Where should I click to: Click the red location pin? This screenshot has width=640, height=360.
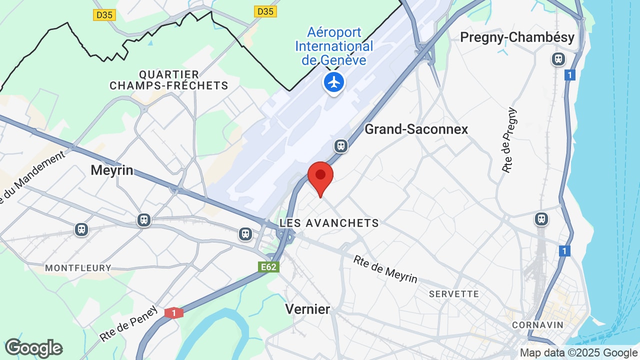[x=320, y=176]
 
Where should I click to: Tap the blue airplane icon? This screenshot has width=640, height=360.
[x=334, y=81]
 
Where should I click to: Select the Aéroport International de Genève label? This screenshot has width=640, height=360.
[x=334, y=46]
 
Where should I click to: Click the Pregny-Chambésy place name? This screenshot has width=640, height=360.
[x=517, y=37]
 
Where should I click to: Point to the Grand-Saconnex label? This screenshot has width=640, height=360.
[x=416, y=129]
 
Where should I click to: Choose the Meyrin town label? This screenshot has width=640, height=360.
[x=112, y=170]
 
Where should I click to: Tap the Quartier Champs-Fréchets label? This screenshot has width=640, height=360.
[x=169, y=80]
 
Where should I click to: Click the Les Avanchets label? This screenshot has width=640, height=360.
[x=329, y=223]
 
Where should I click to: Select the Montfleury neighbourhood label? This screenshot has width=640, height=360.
[x=78, y=268]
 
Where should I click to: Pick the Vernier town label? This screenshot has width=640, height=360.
[x=307, y=309]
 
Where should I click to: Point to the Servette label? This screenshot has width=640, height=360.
[x=454, y=294]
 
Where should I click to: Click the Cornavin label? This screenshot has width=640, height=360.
[x=537, y=325]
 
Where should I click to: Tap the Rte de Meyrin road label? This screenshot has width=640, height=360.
[x=385, y=269]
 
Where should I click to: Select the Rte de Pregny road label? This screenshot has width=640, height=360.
[x=509, y=140]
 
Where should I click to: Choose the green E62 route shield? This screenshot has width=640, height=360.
[x=268, y=267]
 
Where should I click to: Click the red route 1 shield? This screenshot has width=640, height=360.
[x=174, y=313]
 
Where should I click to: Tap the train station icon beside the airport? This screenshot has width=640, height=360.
[x=341, y=146]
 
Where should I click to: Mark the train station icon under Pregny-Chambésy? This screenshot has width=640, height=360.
[x=558, y=59]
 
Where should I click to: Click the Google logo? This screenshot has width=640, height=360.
[x=33, y=348]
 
